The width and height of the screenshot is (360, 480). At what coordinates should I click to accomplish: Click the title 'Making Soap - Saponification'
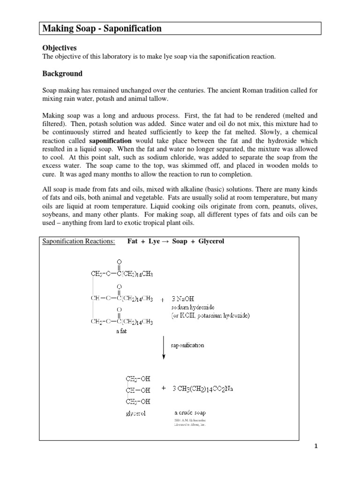(102, 29)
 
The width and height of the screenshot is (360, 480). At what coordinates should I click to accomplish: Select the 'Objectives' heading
(60, 48)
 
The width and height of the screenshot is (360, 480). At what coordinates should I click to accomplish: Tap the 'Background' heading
(62, 74)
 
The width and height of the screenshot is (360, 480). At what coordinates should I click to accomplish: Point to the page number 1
(316, 446)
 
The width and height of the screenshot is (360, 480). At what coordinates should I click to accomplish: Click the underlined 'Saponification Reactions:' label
(78, 241)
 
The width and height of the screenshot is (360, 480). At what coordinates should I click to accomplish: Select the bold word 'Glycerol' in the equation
(210, 241)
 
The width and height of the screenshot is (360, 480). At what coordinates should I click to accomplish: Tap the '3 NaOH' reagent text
(184, 299)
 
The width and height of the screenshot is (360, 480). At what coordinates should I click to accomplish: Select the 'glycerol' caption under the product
(135, 413)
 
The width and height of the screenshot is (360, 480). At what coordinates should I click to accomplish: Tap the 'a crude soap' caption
(190, 413)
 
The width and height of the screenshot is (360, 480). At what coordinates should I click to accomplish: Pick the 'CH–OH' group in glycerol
(137, 390)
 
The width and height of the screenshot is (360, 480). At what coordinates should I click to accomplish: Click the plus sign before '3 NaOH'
(162, 299)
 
